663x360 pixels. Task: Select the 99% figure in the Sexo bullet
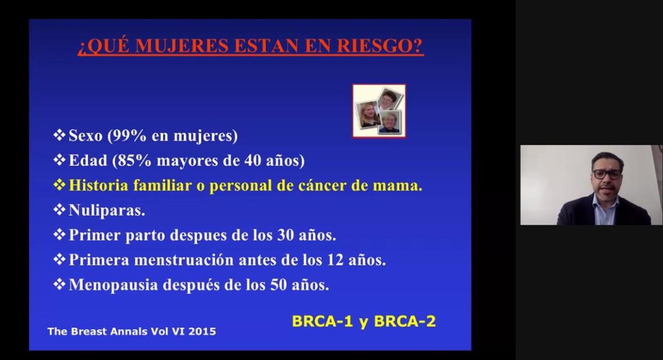click(127, 135)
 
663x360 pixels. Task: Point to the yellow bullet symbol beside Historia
click(59, 185)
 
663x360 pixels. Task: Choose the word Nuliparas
click(106, 210)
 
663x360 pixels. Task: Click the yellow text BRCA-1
click(322, 322)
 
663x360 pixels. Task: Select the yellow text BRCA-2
click(405, 322)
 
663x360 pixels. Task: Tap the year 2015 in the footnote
click(202, 331)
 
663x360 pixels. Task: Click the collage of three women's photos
click(379, 111)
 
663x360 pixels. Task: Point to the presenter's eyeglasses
click(607, 174)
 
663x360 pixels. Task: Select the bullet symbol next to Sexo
click(59, 135)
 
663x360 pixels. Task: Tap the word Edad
click(88, 161)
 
